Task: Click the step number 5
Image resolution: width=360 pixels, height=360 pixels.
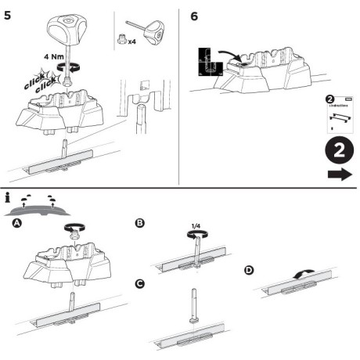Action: (x=7, y=15)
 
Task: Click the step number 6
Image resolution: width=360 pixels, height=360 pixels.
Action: (x=194, y=16)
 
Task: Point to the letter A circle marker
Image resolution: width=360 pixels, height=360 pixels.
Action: (x=16, y=224)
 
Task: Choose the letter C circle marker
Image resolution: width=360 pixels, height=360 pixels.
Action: (x=141, y=283)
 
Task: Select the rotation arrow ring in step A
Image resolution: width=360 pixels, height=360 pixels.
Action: (x=74, y=230)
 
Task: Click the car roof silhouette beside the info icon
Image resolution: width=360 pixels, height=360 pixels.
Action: (x=39, y=211)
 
